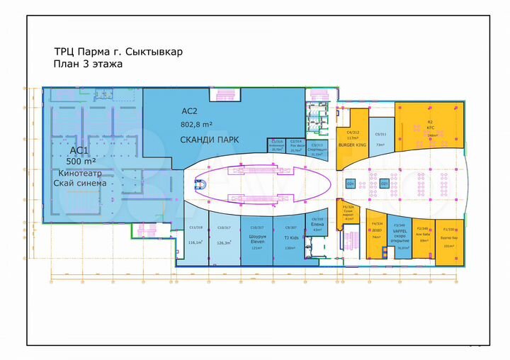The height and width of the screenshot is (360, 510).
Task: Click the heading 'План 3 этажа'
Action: coord(88,64)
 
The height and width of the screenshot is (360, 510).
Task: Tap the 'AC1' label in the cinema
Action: coord(79,150)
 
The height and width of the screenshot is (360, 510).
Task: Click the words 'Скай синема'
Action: coord(79,183)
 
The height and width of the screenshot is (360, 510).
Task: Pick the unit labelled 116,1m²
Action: coord(195,241)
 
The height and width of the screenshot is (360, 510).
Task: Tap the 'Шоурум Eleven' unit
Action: coord(255,241)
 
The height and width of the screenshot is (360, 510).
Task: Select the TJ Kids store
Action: coord(290,241)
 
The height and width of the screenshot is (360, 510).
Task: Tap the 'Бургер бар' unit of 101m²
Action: coord(448,241)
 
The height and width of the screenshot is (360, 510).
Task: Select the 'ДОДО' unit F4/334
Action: coord(377,237)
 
